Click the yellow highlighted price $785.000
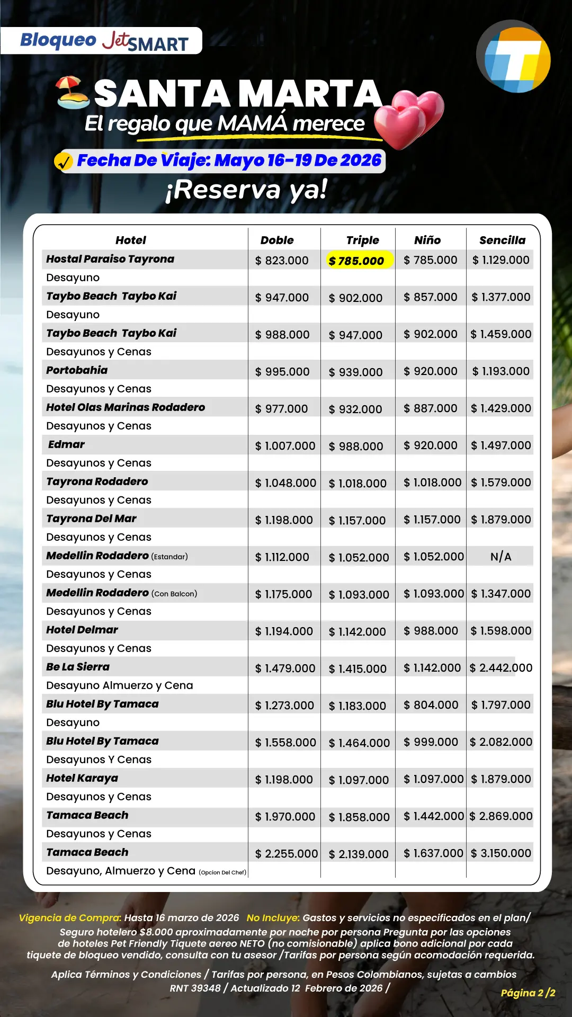(x=356, y=261)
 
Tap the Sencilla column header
(x=502, y=240)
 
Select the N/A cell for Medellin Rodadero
(x=501, y=557)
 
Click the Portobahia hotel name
(x=77, y=370)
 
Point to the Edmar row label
(x=66, y=444)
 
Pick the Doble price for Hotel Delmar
(x=284, y=631)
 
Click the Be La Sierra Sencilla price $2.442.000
(x=501, y=668)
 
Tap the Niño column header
(x=427, y=240)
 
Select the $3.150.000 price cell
(x=501, y=853)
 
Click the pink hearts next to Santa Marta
(x=410, y=118)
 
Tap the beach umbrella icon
(x=73, y=92)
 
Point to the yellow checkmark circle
(x=64, y=161)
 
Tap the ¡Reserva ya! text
(x=246, y=190)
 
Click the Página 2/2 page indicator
(x=528, y=993)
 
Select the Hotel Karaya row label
(x=82, y=778)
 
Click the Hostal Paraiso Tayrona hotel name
(x=110, y=259)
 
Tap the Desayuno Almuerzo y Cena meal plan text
(x=120, y=685)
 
